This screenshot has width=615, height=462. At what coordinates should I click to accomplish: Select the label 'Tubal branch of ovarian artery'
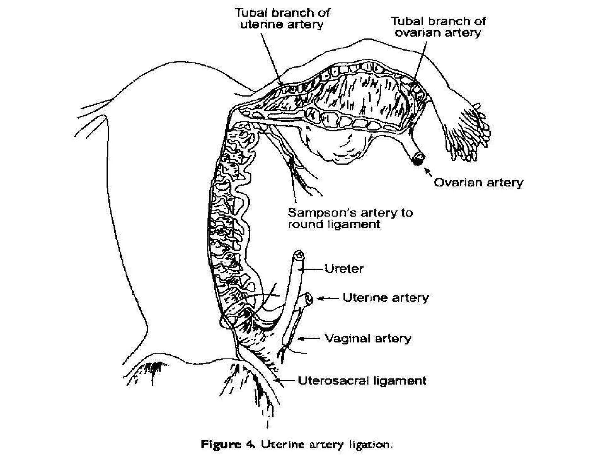(x=438, y=27)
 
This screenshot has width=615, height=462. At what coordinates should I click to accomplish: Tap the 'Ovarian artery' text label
(x=478, y=183)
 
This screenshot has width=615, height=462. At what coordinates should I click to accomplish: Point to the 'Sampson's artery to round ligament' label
(x=350, y=218)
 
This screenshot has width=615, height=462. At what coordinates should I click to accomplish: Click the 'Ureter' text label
(x=344, y=269)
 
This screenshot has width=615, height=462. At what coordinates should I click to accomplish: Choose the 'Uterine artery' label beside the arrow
(x=386, y=298)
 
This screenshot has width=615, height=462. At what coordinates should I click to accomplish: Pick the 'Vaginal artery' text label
(x=368, y=339)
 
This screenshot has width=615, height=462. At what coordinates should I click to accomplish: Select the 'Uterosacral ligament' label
(x=362, y=381)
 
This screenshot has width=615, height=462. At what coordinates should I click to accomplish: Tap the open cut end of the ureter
(x=298, y=255)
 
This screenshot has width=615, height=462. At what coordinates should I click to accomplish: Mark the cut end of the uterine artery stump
(x=308, y=299)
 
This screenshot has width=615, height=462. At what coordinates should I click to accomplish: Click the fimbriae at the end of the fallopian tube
(x=468, y=132)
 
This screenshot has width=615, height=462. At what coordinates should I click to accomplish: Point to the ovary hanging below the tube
(x=336, y=144)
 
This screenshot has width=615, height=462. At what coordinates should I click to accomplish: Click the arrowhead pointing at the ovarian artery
(x=427, y=171)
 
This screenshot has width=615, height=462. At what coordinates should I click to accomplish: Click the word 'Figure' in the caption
(x=221, y=444)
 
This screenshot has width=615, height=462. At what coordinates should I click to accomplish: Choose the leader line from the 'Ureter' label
(x=312, y=269)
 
